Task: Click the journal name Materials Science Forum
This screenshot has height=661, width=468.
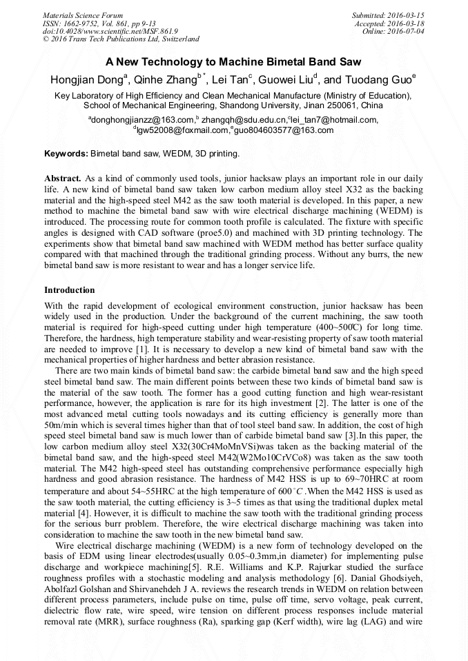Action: [x=83, y=14]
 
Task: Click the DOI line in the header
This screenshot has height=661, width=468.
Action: [x=110, y=31]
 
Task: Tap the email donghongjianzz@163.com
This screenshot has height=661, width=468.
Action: [x=139, y=120]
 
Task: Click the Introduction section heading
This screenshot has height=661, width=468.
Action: [x=70, y=290]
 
